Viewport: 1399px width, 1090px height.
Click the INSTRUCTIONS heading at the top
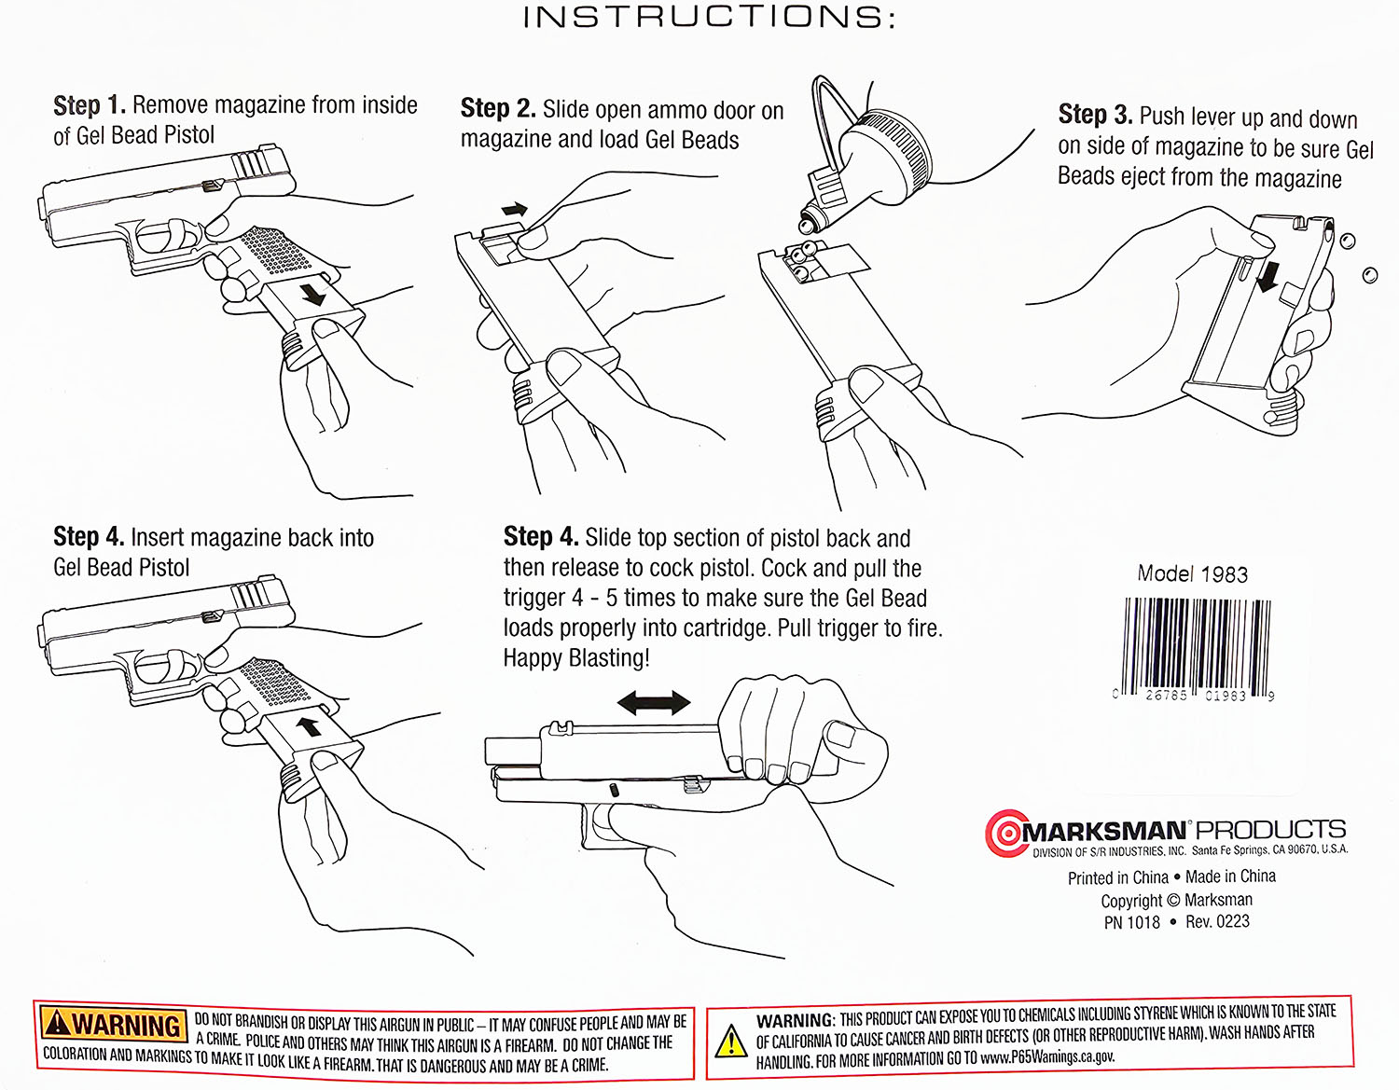709,18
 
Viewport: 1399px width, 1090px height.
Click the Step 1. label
89,105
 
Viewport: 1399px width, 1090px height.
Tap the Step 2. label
497,109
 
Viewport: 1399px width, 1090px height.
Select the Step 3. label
1094,115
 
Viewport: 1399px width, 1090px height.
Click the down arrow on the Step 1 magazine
312,295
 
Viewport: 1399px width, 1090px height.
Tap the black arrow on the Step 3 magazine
1267,276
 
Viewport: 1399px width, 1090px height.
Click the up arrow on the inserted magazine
308,725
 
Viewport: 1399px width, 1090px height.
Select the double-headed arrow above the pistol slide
654,703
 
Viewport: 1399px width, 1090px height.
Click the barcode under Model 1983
1197,645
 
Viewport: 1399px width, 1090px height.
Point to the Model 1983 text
1192,573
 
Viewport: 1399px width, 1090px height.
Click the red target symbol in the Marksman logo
1005,833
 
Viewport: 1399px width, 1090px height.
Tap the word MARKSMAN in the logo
1105,831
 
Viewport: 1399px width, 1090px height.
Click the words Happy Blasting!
576,658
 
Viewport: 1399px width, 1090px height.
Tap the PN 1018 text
1131,922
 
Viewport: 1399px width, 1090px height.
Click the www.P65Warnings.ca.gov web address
1047,1057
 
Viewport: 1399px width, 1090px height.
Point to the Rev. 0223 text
1217,921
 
